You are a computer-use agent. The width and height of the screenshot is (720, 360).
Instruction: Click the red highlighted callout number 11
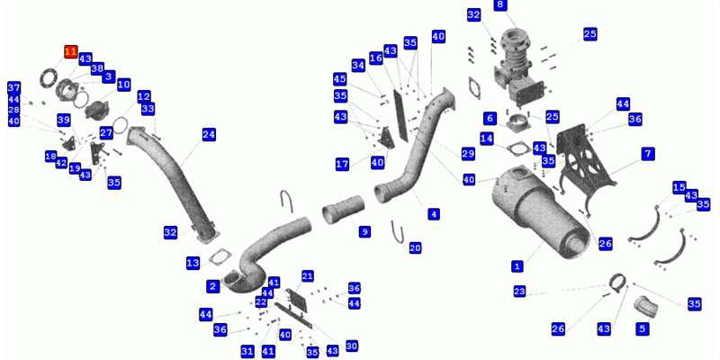coord(71,52)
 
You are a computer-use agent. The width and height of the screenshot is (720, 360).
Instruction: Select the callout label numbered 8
coord(500,5)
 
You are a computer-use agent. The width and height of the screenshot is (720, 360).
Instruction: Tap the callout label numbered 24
coord(209,134)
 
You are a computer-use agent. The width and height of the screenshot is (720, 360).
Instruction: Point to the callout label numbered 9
coord(364,231)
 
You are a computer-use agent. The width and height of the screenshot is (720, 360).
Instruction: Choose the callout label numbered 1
coord(517,265)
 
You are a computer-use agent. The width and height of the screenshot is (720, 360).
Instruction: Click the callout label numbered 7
coord(648,154)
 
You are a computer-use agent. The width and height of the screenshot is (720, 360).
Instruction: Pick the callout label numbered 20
coord(415,248)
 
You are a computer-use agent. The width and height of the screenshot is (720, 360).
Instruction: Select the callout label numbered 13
coord(193,263)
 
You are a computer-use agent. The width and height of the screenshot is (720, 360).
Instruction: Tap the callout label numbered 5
coord(643,328)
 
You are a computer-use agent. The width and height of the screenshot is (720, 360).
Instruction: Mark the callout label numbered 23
coord(519,291)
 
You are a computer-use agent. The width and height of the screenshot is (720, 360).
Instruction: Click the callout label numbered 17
coord(342,164)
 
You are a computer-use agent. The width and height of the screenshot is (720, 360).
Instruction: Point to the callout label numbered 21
coord(308,276)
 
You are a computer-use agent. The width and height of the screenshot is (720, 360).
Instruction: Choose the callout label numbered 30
coord(352,346)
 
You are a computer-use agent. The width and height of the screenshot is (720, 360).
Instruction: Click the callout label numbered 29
coord(468,154)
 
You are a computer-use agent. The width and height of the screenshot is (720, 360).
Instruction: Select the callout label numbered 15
coord(679,187)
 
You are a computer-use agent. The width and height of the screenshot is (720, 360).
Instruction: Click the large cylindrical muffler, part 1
coord(541,211)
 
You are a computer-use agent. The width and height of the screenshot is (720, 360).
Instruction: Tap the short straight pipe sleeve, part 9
coord(343,210)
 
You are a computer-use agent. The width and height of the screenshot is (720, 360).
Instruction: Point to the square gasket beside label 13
coord(220,256)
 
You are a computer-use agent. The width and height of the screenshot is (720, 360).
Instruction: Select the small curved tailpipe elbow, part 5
coord(645,307)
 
